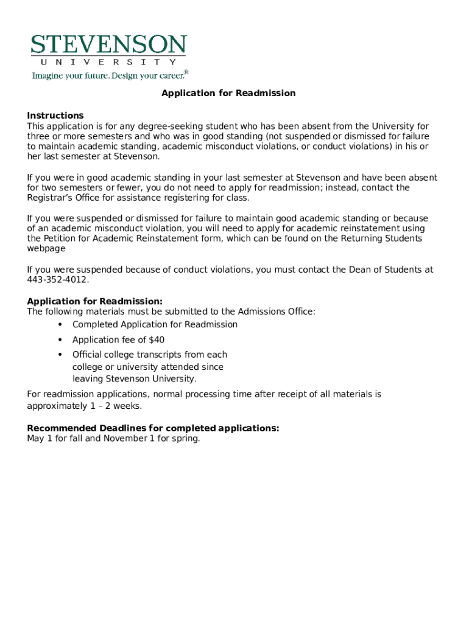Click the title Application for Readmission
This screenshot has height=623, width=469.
point(228,93)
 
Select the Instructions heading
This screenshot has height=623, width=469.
point(55,116)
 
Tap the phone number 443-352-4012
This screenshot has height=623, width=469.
point(57,280)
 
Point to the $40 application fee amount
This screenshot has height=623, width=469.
point(157,340)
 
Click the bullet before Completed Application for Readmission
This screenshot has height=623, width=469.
point(60,324)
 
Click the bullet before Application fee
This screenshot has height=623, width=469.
point(60,339)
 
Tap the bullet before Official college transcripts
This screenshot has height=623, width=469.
point(60,354)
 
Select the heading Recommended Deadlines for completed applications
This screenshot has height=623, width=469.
point(153,428)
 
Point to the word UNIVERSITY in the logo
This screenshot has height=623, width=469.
point(109,62)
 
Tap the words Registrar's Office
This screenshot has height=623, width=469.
point(62,198)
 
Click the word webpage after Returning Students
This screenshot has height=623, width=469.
point(46,249)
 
